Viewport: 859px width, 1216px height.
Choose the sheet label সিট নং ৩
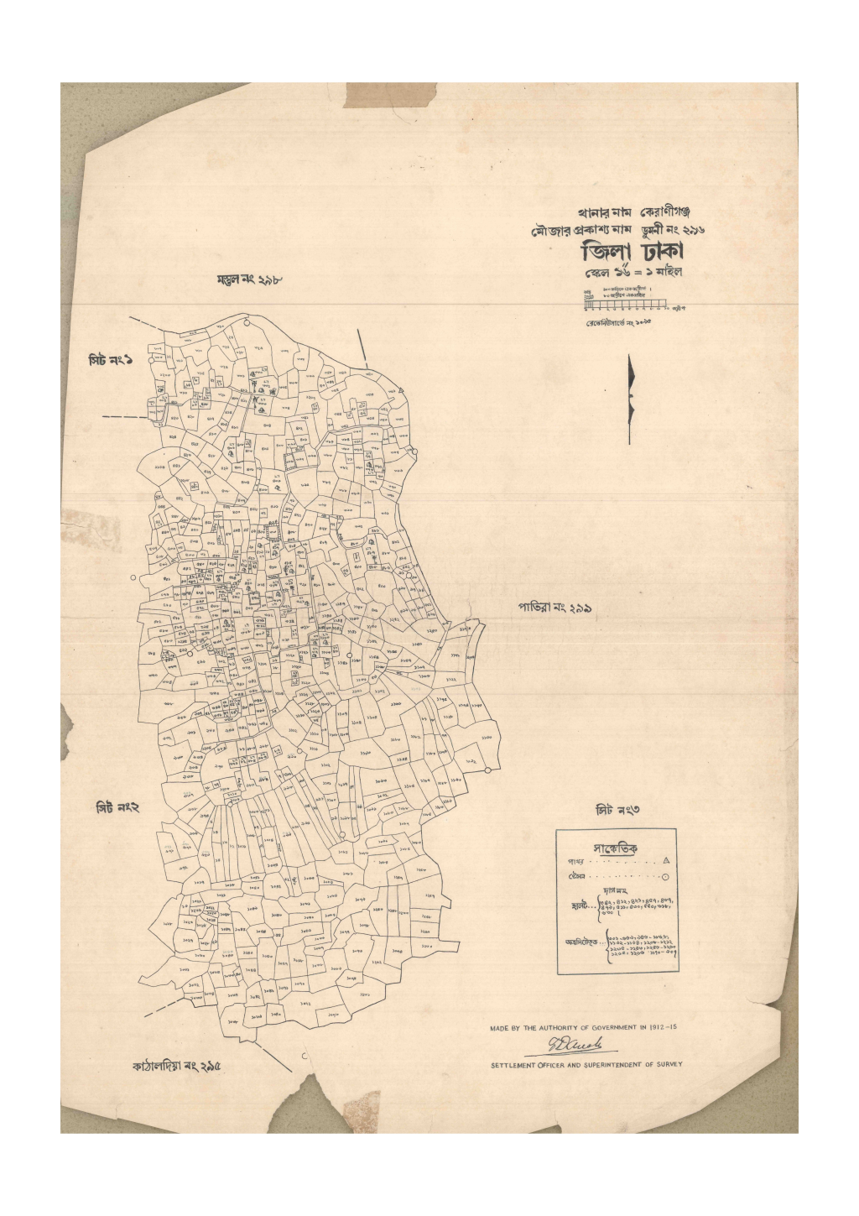click(617, 809)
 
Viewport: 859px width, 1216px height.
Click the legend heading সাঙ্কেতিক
click(615, 848)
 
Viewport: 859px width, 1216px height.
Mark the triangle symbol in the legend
click(666, 862)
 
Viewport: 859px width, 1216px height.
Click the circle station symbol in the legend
click(665, 877)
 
